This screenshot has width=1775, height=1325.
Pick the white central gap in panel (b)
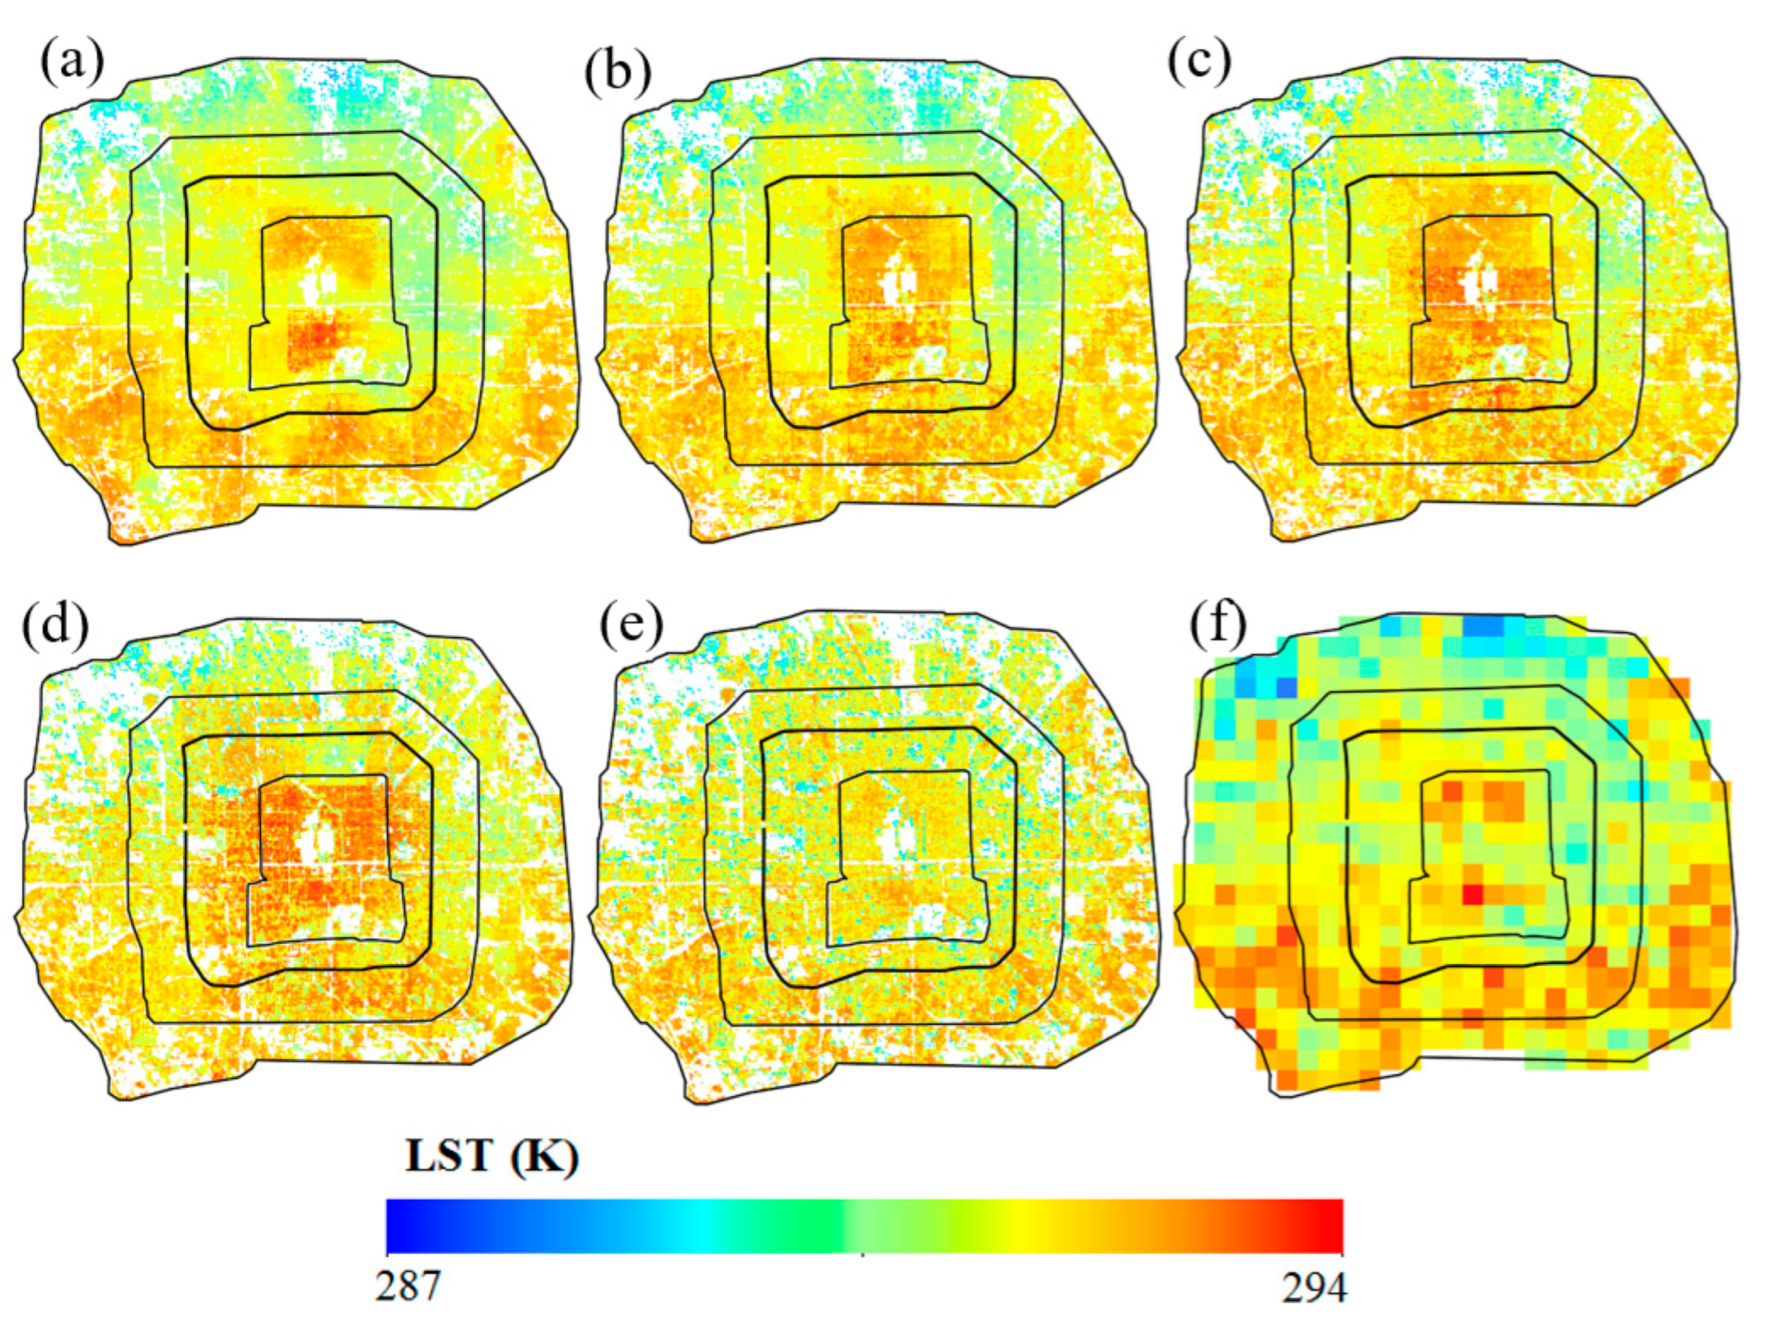pos(900,283)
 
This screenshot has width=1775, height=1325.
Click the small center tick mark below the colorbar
pos(862,1255)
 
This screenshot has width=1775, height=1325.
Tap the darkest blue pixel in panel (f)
pos(1286,687)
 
